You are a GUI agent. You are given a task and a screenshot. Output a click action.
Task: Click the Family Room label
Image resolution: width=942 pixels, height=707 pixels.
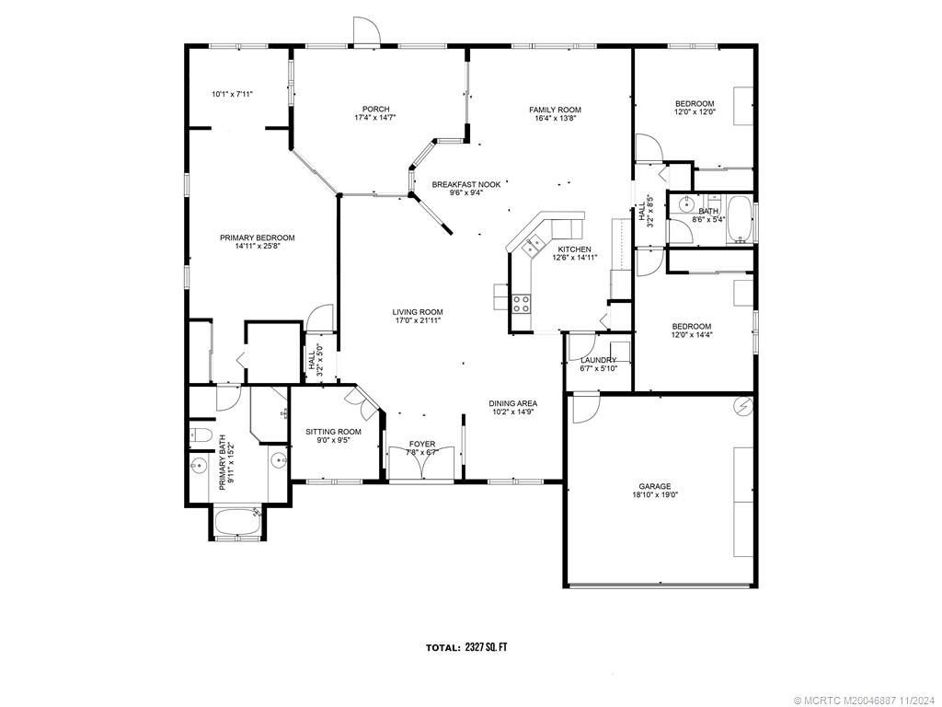tap(555, 110)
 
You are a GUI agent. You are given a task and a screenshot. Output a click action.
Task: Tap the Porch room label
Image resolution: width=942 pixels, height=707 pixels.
tap(375, 110)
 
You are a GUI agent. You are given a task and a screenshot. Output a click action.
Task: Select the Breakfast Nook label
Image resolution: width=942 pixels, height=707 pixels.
tap(466, 184)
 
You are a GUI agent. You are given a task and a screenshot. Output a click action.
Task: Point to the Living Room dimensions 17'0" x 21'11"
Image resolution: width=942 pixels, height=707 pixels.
tap(418, 321)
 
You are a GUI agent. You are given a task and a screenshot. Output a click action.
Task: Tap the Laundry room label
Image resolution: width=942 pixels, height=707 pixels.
tap(598, 360)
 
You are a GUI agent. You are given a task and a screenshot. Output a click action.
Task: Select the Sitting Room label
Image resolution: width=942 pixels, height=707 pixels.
tap(333, 431)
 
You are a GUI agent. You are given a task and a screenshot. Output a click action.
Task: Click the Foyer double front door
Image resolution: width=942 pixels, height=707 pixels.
tap(421, 464)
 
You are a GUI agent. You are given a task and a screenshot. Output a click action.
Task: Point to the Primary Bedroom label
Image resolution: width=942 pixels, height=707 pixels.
tap(257, 238)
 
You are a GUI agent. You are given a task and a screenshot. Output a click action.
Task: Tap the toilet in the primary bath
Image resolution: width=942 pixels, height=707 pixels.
tap(201, 435)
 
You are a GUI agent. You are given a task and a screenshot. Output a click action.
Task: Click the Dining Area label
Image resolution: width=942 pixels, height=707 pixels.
tap(512, 403)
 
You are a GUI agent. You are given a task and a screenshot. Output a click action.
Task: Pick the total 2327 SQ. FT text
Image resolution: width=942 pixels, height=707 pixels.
tap(465, 647)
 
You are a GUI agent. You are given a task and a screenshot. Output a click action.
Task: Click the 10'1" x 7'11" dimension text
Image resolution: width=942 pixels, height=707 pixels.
tap(232, 93)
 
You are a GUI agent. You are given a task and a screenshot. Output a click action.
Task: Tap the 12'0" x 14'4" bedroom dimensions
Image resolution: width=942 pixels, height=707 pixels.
tap(691, 336)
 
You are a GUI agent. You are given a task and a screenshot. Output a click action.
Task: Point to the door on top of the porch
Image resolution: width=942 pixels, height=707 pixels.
tap(366, 32)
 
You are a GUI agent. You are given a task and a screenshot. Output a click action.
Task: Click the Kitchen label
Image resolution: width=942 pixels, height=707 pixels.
tap(574, 249)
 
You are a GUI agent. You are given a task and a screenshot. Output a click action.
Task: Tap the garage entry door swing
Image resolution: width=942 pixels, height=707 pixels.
tap(585, 407)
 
